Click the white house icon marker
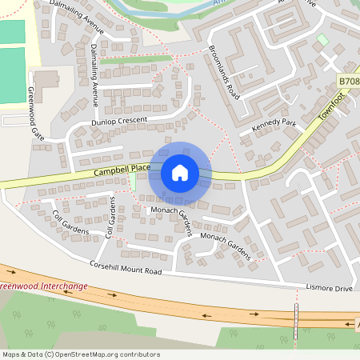coord(180,172)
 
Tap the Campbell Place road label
coord(122,169)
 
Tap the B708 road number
coord(349,82)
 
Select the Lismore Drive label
coord(329,287)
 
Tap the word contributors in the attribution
coord(140,354)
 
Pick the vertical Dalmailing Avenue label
coord(94,75)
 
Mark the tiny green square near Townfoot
coord(322,39)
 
